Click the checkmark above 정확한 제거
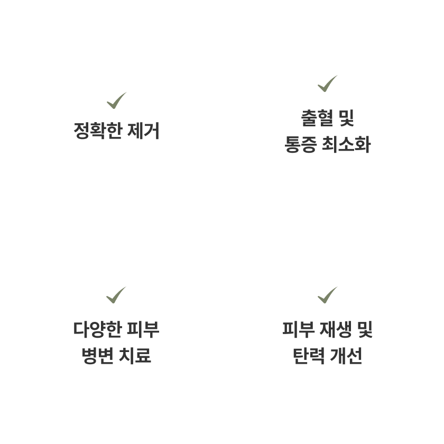116,100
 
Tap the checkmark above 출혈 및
328,83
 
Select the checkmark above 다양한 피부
116,294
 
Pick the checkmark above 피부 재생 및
328,294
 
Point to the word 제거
143,131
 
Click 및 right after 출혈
346,118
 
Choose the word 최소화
346,144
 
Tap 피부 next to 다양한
143,329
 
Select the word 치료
136,356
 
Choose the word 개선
347,356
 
